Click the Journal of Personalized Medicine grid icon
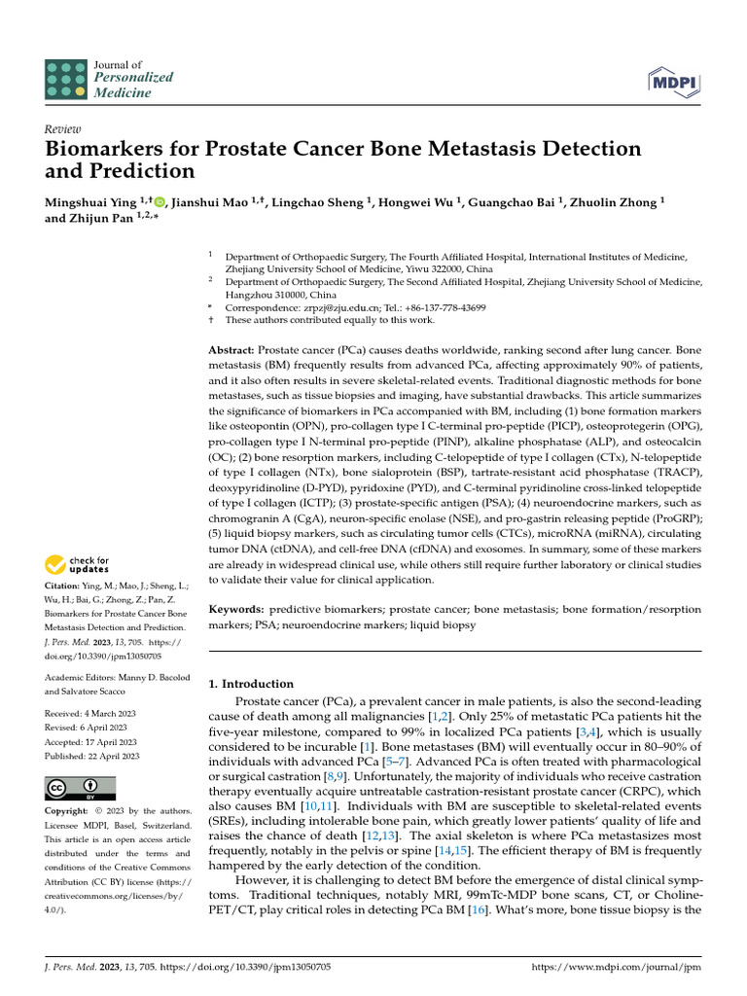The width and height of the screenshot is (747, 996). pos(65,79)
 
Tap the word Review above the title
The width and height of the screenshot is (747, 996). pos(62,129)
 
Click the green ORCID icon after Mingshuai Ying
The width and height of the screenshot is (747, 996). pos(160,201)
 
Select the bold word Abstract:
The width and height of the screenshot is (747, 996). pos(231,349)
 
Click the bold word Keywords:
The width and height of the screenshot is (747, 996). pos(236,610)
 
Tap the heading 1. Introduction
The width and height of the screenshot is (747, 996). pos(252,684)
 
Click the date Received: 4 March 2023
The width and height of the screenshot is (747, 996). pos(90,714)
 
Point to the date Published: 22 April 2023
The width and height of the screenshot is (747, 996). pos(92,756)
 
